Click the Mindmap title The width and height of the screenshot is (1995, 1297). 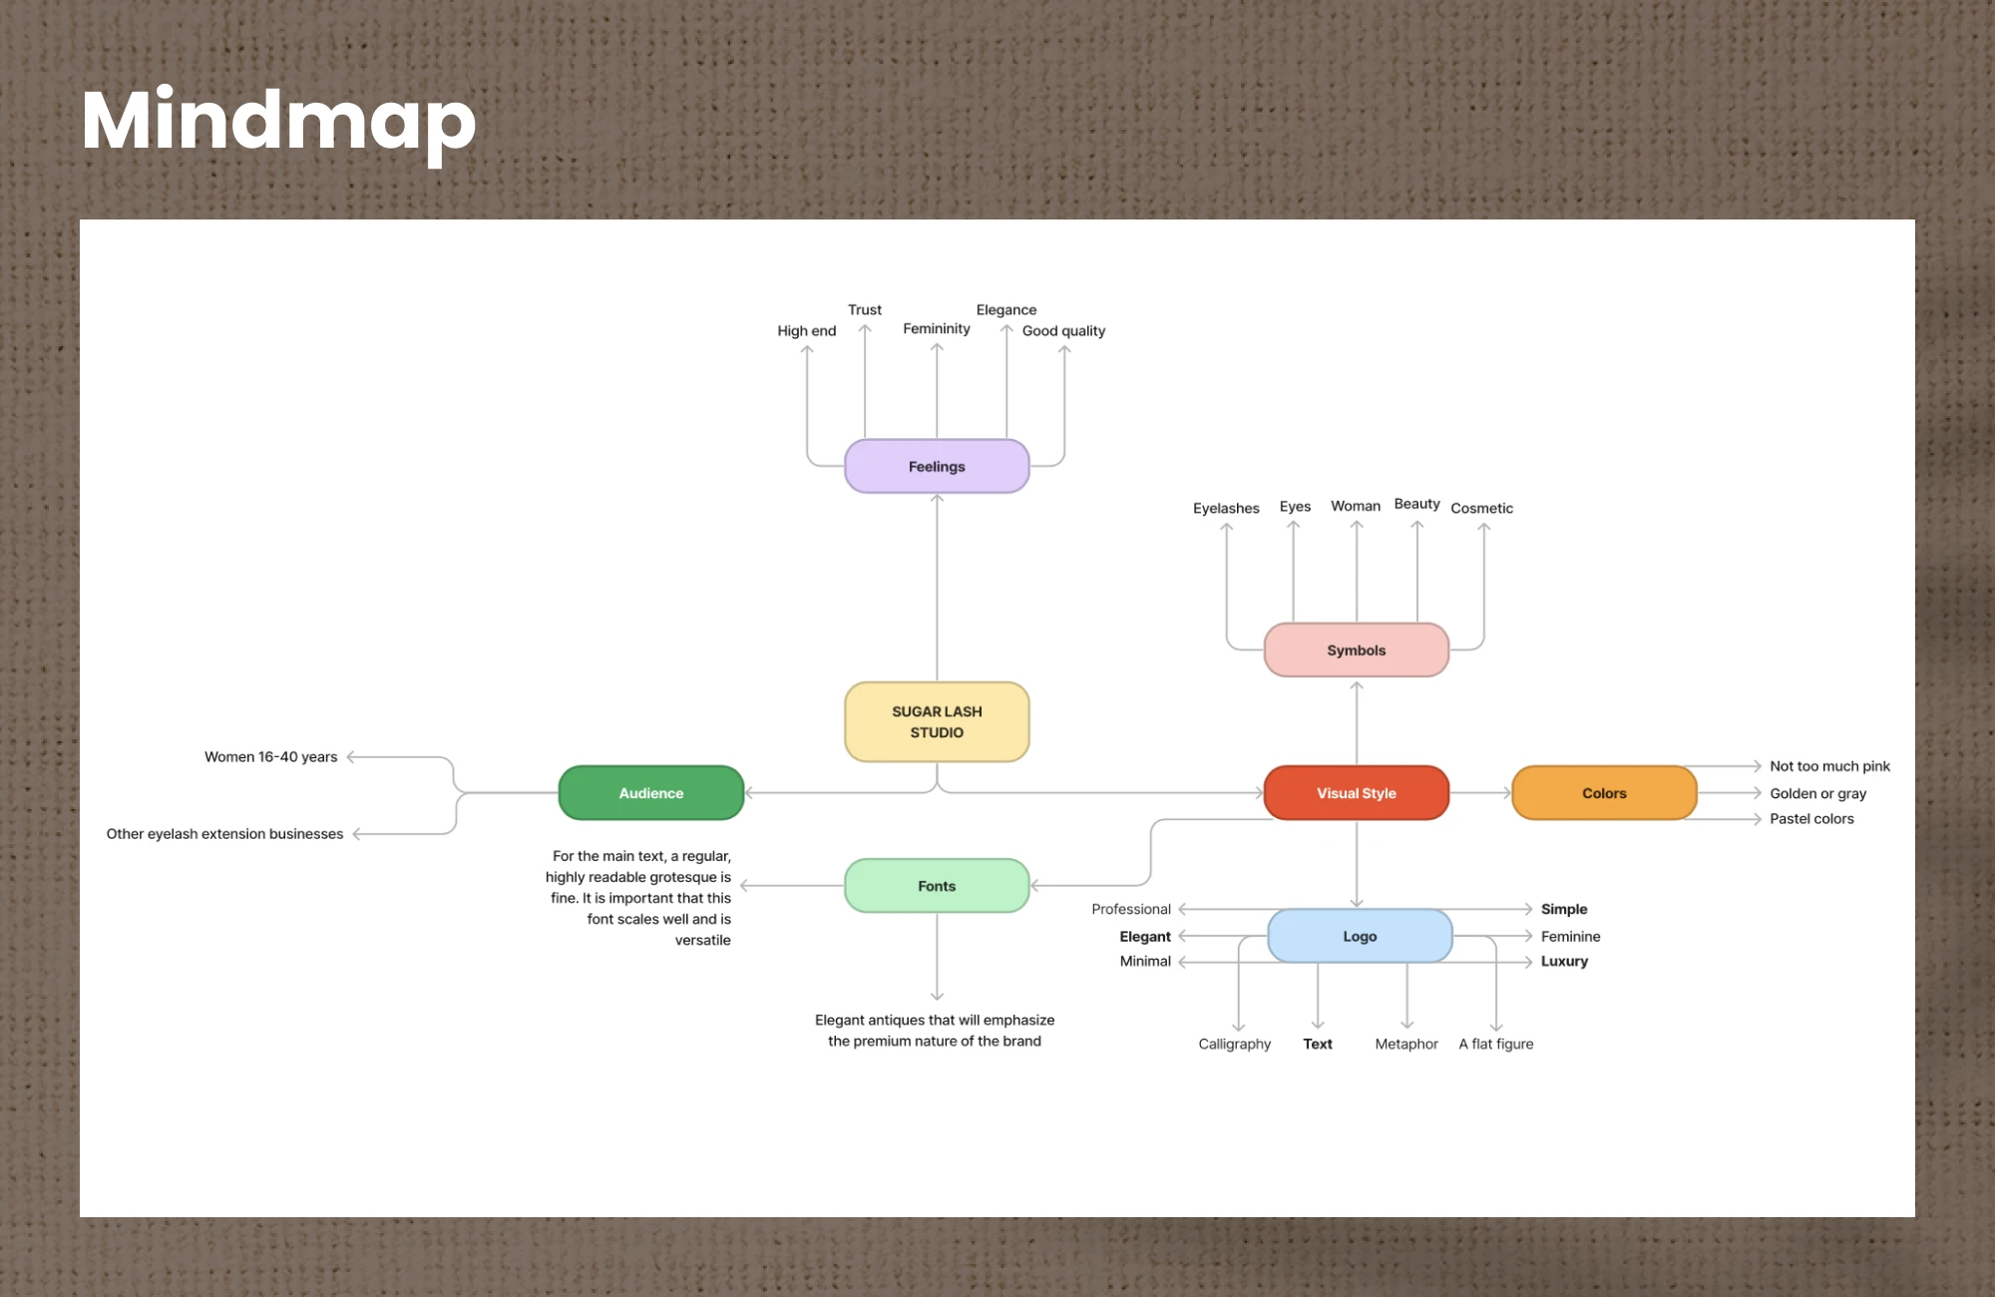click(x=278, y=121)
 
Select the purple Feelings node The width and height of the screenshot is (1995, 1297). click(x=937, y=466)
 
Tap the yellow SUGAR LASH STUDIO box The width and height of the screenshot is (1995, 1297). click(x=937, y=721)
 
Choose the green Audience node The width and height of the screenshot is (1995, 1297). click(x=651, y=793)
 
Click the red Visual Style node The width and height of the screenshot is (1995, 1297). click(x=1356, y=793)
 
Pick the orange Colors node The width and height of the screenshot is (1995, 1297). click(x=1604, y=793)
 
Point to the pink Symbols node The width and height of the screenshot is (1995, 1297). click(x=1356, y=650)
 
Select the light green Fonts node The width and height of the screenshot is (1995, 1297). click(x=937, y=886)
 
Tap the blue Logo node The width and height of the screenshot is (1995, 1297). click(x=1360, y=936)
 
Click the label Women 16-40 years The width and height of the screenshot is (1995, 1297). click(x=271, y=757)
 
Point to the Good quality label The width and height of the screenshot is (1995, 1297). click(x=1063, y=331)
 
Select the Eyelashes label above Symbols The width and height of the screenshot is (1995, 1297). click(x=1226, y=508)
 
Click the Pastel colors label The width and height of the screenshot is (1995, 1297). click(x=1811, y=819)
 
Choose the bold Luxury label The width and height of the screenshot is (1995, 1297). click(x=1564, y=962)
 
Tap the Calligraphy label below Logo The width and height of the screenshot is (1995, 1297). click(x=1235, y=1044)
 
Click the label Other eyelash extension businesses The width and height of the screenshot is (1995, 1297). click(x=224, y=834)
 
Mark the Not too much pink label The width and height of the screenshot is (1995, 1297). click(x=1829, y=766)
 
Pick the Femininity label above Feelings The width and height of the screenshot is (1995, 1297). click(x=936, y=329)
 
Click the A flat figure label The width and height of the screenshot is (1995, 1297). click(x=1496, y=1044)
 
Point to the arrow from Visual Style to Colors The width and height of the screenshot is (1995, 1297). click(x=1480, y=793)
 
